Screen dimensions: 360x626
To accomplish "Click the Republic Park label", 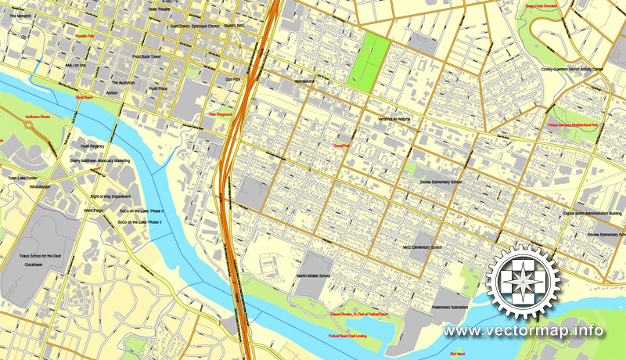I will (x=85, y=36).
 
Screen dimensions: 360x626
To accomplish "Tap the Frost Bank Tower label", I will (x=146, y=57).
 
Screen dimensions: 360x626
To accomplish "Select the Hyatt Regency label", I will (x=92, y=146).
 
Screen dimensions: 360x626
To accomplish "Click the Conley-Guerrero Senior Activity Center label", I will (x=572, y=69).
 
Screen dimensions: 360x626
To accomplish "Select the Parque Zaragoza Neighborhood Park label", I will (x=572, y=125).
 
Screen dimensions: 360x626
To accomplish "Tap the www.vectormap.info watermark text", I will (x=523, y=331).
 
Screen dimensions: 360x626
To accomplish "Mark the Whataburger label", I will (x=40, y=187).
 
